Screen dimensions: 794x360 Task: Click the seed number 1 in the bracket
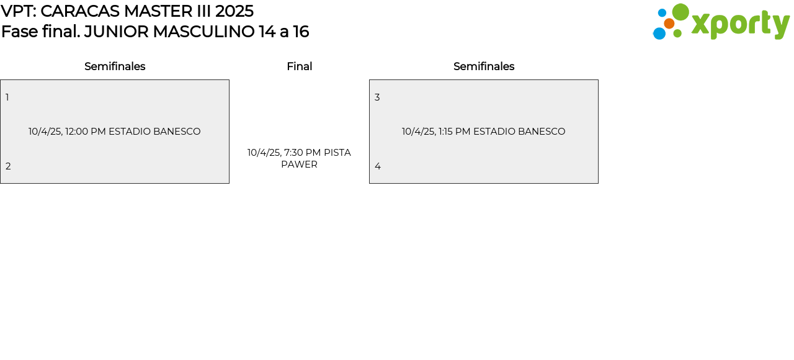[x=7, y=97]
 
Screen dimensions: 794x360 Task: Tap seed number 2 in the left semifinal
[x=8, y=166]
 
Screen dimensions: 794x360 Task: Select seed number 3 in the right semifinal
[x=377, y=97]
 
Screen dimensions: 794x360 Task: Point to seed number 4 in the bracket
[x=378, y=166]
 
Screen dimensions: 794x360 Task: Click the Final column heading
[x=300, y=66]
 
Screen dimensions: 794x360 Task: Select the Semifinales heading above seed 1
[x=115, y=66]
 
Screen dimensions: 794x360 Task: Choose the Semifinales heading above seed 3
[x=484, y=66]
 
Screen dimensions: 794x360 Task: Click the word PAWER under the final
[x=299, y=164]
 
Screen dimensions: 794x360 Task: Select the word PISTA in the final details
[x=337, y=153]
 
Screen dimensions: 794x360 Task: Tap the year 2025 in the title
[x=234, y=11]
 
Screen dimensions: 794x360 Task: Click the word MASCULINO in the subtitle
[x=204, y=32]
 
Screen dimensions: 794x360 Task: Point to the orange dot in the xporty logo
[x=669, y=24]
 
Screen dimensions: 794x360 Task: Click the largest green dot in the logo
[x=680, y=12]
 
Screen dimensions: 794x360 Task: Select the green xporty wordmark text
[x=741, y=25]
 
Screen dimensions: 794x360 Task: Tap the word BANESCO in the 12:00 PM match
[x=177, y=132]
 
